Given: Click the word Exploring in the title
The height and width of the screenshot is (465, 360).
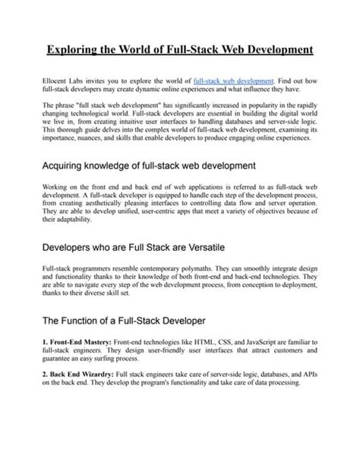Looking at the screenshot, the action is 71,50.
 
